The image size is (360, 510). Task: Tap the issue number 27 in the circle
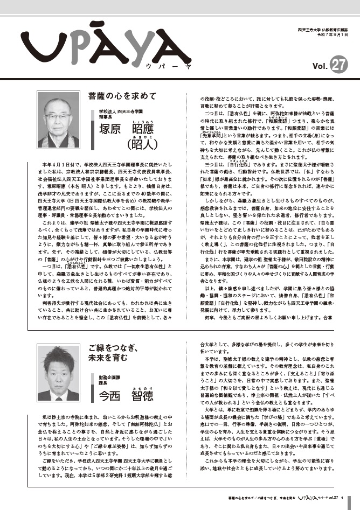(338, 65)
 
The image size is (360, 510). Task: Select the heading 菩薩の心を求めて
(122, 96)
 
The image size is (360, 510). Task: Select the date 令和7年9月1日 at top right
(334, 34)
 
